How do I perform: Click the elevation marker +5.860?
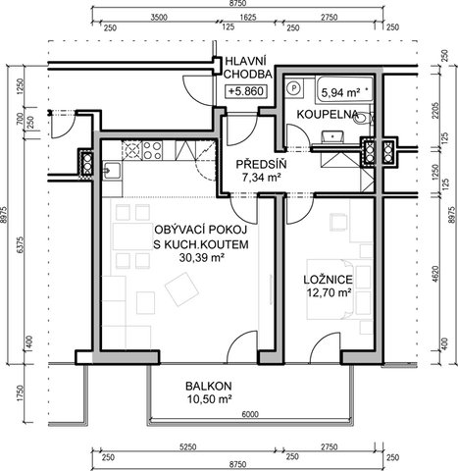[246, 91]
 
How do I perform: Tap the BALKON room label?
[209, 386]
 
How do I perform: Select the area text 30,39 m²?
[201, 258]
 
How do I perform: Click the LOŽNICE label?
[328, 280]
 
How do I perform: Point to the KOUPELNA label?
[328, 115]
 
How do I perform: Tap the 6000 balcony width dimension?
[250, 414]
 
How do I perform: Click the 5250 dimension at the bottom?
[187, 446]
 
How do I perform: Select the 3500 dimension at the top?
[159, 18]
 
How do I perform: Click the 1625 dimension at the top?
[248, 18]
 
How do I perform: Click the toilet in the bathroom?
[363, 119]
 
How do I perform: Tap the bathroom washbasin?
[331, 136]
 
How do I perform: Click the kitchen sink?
[112, 171]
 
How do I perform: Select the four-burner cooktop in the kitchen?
[152, 150]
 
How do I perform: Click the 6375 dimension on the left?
[20, 244]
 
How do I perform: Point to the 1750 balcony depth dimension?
[20, 393]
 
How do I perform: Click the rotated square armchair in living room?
[182, 289]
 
